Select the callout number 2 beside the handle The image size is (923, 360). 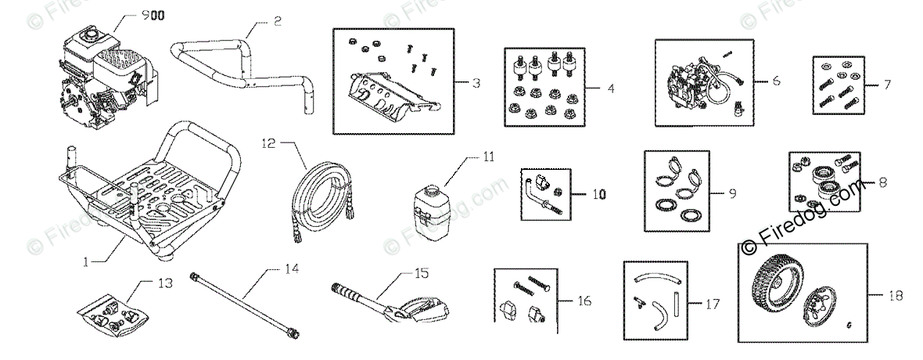[x=277, y=22]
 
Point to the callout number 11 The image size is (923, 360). [x=488, y=157]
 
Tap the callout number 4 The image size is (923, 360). [x=609, y=89]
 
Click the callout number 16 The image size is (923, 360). [x=584, y=301]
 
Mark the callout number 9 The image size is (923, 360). [x=731, y=193]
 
